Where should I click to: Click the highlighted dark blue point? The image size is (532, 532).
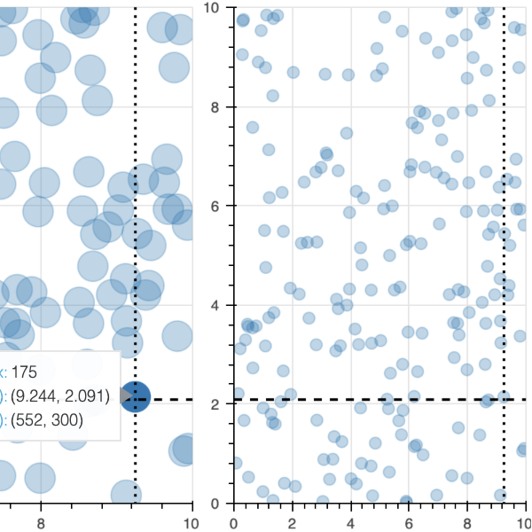click(x=135, y=398)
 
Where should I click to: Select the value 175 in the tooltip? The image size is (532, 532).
click(x=29, y=372)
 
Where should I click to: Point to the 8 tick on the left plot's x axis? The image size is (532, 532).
click(x=40, y=523)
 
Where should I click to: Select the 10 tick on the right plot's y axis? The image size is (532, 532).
click(x=212, y=8)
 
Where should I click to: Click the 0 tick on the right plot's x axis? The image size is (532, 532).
click(x=233, y=523)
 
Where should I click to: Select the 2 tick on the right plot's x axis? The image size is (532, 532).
click(x=292, y=523)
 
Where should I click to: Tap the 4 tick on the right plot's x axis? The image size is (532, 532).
click(x=351, y=523)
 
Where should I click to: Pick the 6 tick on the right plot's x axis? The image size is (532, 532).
click(x=410, y=523)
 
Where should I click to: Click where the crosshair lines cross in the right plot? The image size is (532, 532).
click(x=505, y=400)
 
